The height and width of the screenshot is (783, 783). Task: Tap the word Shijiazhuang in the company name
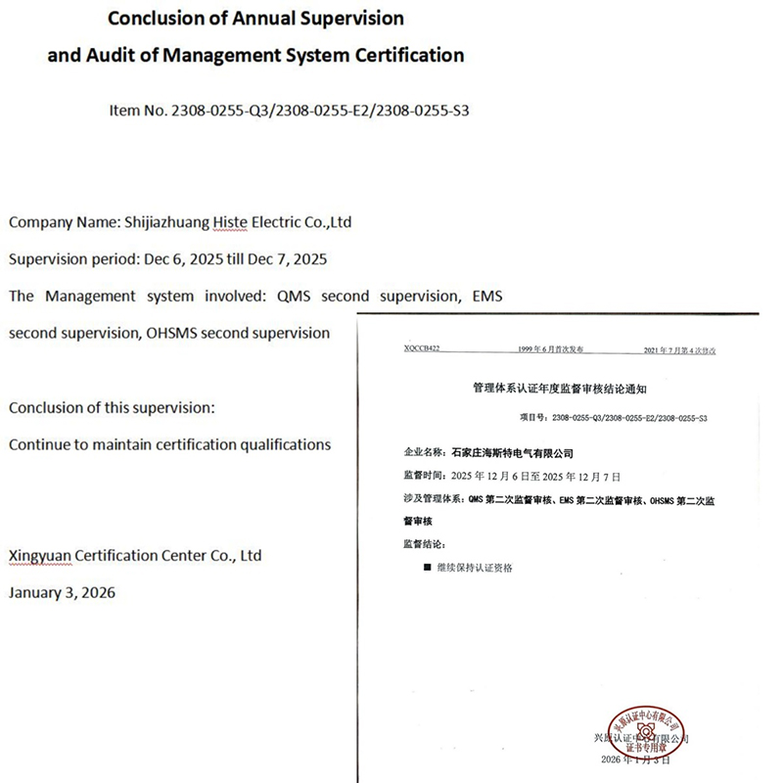170,222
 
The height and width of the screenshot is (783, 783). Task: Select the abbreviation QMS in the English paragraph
296,296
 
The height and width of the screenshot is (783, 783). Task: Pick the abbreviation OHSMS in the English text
173,333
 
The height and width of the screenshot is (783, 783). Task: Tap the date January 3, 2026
62,592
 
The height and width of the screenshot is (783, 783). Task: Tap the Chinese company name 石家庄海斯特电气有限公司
509,453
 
